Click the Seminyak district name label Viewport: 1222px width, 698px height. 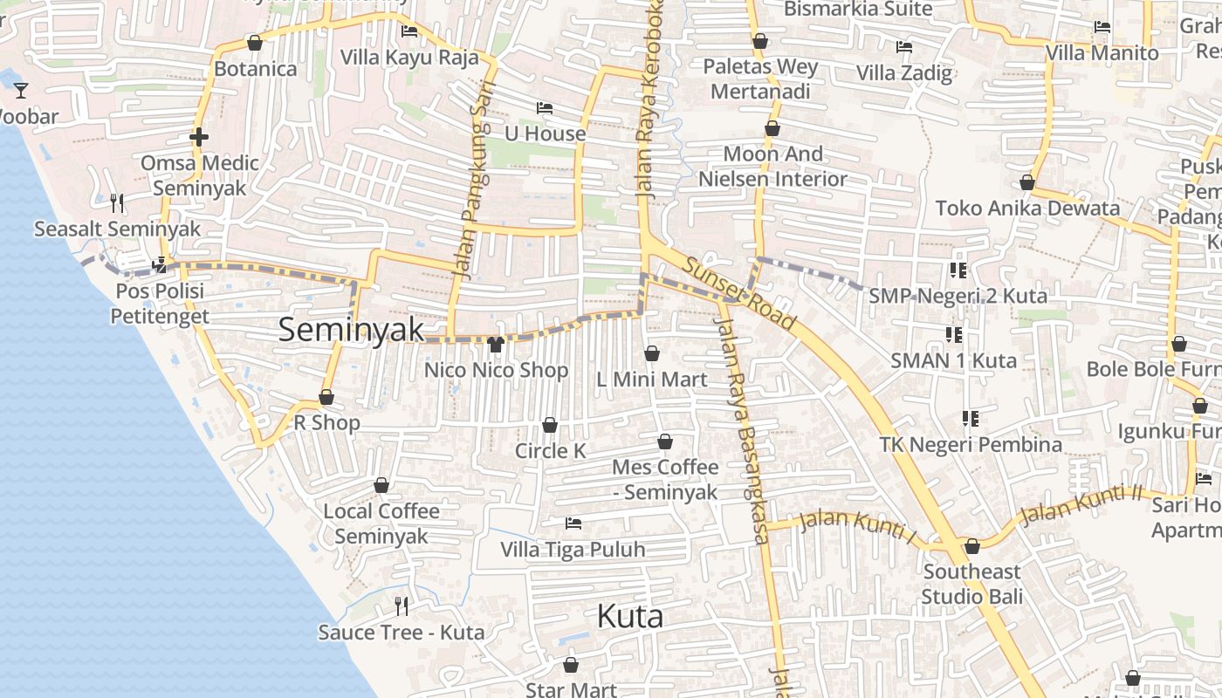[x=351, y=330]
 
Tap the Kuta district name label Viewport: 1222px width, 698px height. [x=629, y=617]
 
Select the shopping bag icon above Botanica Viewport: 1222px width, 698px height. [x=255, y=42]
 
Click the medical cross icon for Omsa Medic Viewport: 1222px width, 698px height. [x=199, y=137]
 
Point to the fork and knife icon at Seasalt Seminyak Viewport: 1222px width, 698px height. [x=117, y=202]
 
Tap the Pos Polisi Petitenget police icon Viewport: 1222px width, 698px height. [x=160, y=264]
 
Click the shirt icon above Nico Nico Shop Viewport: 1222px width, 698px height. [x=496, y=344]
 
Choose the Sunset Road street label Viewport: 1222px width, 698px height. [x=739, y=293]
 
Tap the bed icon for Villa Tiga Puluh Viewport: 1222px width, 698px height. [x=573, y=523]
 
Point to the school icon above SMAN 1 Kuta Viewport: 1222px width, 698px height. [x=954, y=334]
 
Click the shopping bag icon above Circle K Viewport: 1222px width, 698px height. [x=550, y=425]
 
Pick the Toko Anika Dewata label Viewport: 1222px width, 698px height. [x=1027, y=208]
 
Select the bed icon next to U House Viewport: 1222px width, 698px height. [x=545, y=108]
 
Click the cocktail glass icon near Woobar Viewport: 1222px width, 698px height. [x=21, y=90]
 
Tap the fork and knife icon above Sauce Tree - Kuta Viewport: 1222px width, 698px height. [x=402, y=606]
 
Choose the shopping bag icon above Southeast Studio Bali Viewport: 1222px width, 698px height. [x=971, y=546]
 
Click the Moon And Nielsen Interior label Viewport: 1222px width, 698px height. [x=772, y=166]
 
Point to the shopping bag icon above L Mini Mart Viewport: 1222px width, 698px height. [x=651, y=353]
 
